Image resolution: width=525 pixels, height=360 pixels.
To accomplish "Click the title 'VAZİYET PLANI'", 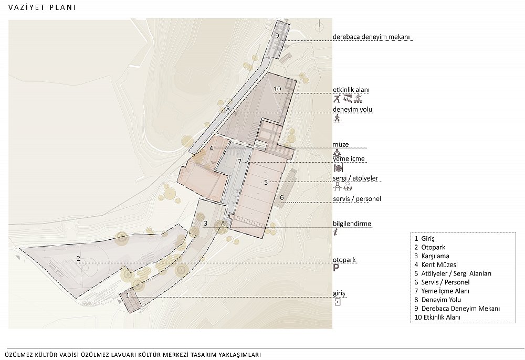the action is tap(42, 7).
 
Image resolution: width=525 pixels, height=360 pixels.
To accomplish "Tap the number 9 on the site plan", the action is tap(277, 36).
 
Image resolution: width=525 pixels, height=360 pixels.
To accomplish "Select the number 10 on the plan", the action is tap(277, 89).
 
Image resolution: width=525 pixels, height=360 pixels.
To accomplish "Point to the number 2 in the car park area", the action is tap(78, 258).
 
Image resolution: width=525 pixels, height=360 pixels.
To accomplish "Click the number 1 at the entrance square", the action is tap(127, 295).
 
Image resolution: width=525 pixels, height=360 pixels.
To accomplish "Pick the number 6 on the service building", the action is tap(282, 197).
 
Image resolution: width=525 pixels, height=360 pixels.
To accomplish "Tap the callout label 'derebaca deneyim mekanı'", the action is tap(371, 37).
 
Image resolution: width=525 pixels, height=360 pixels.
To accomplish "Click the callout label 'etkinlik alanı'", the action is tap(351, 90).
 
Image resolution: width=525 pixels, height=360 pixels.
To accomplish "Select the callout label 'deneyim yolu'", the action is tap(352, 109).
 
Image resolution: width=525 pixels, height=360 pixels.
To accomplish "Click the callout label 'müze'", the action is tap(341, 144).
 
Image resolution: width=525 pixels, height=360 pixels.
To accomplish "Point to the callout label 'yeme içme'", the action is tap(349, 159).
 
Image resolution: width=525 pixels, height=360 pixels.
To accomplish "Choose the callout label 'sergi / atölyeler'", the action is tap(355, 178).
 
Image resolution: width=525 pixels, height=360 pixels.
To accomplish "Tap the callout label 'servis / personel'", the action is tap(357, 199).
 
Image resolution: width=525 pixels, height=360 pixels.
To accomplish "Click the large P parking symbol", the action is tap(336, 268).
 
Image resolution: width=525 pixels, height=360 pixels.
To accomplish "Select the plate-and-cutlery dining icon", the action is tap(338, 167).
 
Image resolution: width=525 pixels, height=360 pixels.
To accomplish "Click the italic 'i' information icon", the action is tap(335, 232).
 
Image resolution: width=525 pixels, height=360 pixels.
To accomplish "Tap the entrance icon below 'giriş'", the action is tap(337, 302).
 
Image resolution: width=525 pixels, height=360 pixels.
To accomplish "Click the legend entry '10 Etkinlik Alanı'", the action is tap(437, 317).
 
